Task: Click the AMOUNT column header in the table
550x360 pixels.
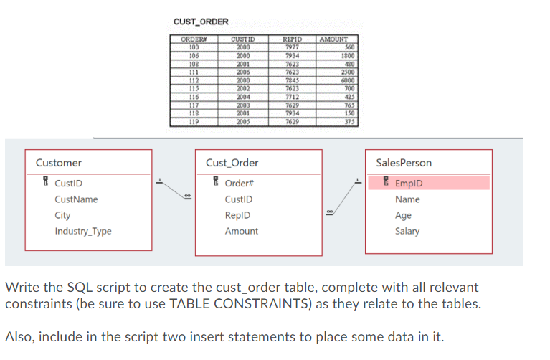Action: point(333,39)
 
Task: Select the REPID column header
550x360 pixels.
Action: point(292,39)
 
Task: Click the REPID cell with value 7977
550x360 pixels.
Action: point(292,47)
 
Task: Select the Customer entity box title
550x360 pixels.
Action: point(59,163)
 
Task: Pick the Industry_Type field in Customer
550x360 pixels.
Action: point(83,231)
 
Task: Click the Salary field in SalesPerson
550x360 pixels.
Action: point(407,231)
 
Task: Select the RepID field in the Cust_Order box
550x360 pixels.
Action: point(237,215)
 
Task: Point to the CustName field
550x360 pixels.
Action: point(76,199)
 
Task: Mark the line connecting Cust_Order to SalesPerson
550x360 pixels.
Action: point(343,197)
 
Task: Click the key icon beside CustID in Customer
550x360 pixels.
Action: point(45,184)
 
